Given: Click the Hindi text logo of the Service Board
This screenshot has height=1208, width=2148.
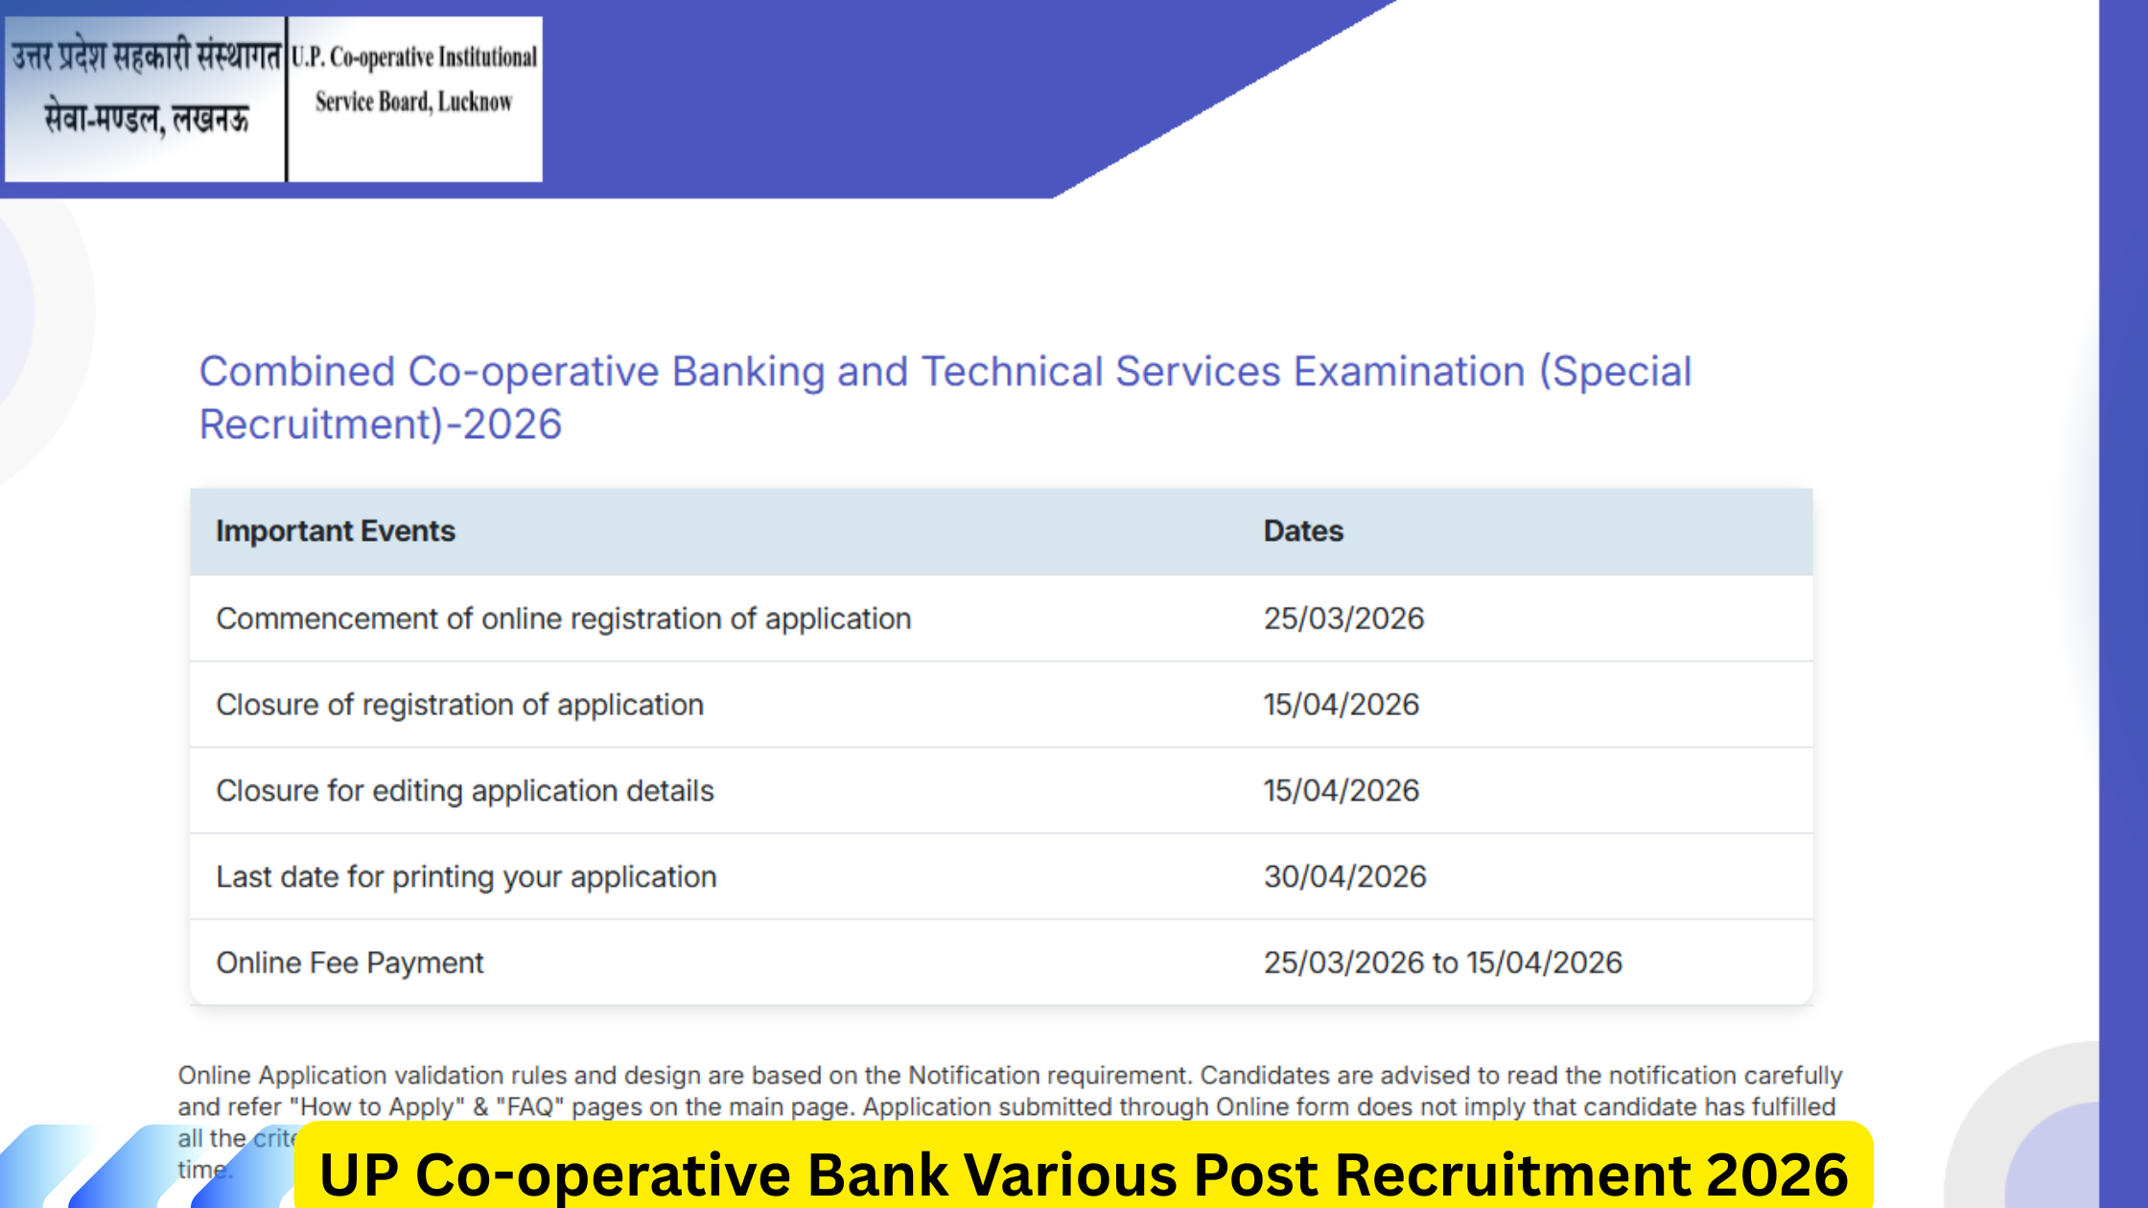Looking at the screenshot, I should click(x=146, y=88).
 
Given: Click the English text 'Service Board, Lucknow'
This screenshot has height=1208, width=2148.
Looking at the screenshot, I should click(x=414, y=102).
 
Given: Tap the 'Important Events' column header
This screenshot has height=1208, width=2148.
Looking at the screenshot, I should click(x=336, y=531).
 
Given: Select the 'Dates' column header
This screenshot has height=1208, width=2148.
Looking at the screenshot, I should click(x=1303, y=531).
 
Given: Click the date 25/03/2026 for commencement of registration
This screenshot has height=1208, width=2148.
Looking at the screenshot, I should click(x=1343, y=618).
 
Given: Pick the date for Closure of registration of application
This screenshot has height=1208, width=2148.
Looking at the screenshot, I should click(x=1341, y=705).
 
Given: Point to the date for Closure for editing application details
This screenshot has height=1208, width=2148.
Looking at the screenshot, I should click(x=1341, y=791).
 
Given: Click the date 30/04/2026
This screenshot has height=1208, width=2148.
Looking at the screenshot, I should click(x=1344, y=876).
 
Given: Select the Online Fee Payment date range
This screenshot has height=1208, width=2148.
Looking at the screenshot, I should click(x=1442, y=963).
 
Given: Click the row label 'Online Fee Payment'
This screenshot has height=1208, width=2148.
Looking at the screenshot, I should click(x=350, y=963).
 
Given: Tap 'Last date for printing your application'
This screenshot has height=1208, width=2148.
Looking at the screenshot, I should click(x=466, y=876).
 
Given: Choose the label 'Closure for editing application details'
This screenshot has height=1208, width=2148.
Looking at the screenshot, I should click(x=465, y=791).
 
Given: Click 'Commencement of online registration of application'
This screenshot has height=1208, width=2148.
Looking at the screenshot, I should click(x=563, y=618).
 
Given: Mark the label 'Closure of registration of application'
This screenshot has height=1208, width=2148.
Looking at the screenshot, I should click(x=459, y=705).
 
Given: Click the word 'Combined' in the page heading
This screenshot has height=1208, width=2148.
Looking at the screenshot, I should click(x=296, y=372).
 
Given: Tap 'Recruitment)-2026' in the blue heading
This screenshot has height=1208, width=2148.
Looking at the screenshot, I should click(x=380, y=425).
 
